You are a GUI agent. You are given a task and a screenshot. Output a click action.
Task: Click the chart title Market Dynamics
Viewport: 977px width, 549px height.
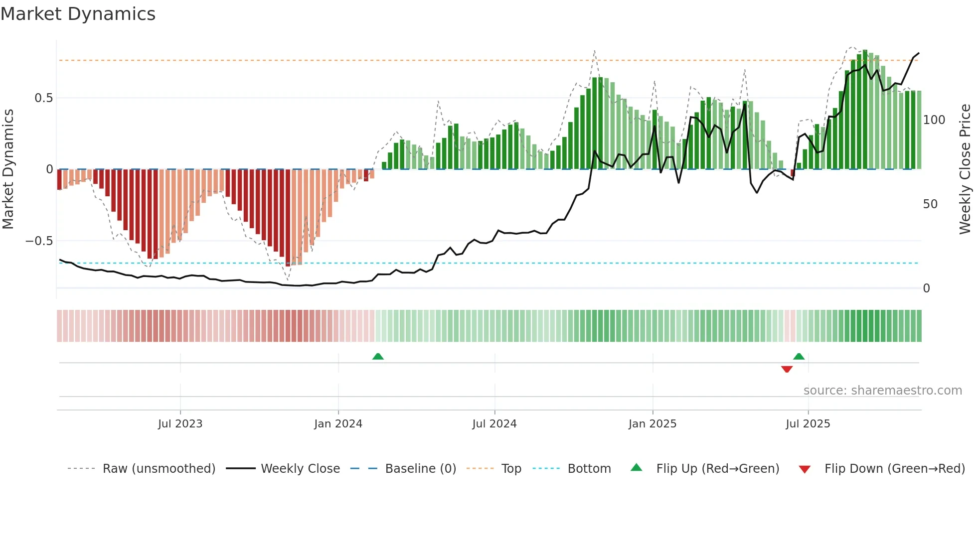click(x=78, y=14)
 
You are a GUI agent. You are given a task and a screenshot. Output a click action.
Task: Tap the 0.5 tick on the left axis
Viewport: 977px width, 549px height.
click(x=43, y=98)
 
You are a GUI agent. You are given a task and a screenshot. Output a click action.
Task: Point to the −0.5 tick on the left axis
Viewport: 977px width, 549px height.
click(x=39, y=241)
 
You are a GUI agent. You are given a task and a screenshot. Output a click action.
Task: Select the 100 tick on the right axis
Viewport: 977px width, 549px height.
click(x=934, y=120)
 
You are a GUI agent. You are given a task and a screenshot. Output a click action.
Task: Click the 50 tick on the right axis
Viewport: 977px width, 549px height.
click(x=930, y=204)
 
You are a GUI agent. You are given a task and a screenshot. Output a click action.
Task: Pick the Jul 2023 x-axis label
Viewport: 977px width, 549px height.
click(x=180, y=424)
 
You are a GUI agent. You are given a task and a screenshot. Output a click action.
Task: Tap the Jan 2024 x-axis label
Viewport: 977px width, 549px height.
click(x=338, y=424)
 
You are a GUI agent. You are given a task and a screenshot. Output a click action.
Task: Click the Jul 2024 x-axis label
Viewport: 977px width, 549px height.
click(x=494, y=424)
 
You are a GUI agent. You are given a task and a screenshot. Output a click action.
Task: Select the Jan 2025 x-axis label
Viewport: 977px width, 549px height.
click(x=652, y=424)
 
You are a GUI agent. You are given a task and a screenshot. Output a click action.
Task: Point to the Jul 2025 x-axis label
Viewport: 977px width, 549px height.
click(x=808, y=424)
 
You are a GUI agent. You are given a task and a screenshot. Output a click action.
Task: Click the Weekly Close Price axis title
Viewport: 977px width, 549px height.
click(x=965, y=169)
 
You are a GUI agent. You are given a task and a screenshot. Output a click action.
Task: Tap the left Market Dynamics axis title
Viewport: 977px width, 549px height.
click(x=8, y=169)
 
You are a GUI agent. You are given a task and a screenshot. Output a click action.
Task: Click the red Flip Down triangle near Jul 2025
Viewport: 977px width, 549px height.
click(x=787, y=369)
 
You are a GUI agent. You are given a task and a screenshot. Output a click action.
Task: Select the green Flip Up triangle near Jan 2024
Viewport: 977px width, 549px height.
click(x=378, y=356)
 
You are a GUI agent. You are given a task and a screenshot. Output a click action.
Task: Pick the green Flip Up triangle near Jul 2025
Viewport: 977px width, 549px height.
click(x=799, y=356)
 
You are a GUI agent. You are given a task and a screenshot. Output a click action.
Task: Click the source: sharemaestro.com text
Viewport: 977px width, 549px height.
click(x=882, y=391)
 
